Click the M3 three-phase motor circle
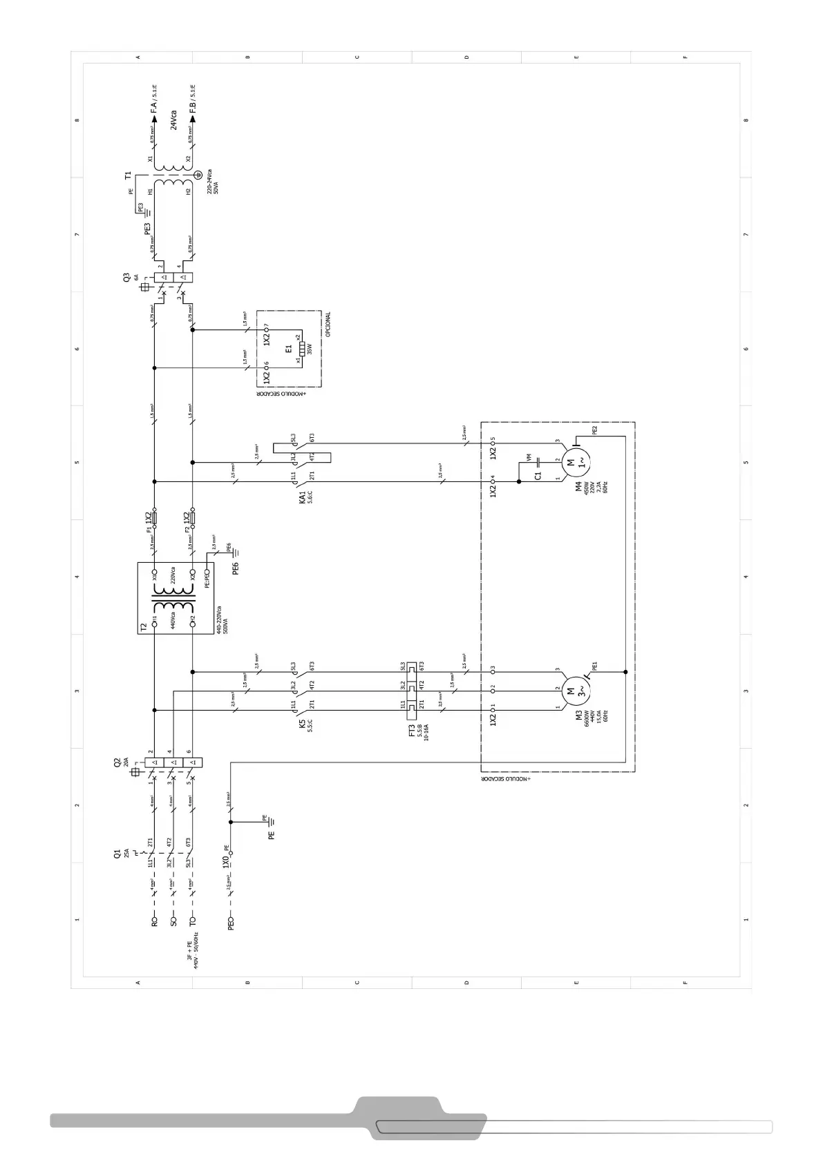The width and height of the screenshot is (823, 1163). [x=571, y=689]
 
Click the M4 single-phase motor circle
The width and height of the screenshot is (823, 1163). [x=571, y=459]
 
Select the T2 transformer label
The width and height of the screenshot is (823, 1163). [x=144, y=627]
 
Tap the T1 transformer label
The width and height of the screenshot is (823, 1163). [x=128, y=176]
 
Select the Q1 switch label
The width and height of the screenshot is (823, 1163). [x=117, y=854]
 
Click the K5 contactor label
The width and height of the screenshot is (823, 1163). [x=302, y=724]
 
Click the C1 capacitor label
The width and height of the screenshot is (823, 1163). [x=538, y=475]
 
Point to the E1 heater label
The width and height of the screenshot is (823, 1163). [x=289, y=350]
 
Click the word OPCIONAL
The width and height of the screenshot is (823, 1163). [x=328, y=325]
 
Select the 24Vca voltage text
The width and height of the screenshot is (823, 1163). [x=173, y=119]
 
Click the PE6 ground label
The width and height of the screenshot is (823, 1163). [x=235, y=568]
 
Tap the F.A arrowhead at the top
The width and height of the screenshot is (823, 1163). [x=154, y=118]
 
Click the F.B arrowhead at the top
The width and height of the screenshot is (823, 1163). [x=193, y=118]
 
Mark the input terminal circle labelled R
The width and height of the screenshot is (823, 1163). [x=155, y=921]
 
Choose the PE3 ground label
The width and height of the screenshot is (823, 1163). [x=147, y=229]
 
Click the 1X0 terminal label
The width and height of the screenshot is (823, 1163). [x=225, y=862]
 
